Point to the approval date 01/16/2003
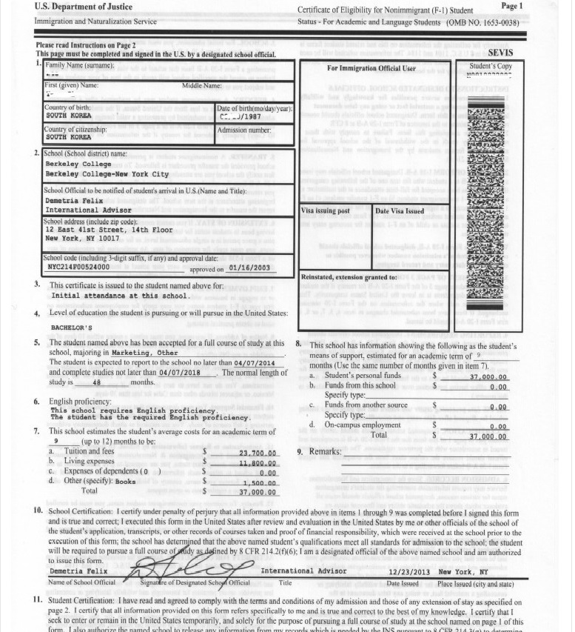tap(251, 268)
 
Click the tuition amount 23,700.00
tap(258, 453)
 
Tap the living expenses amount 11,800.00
tap(258, 463)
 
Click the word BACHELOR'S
tap(71, 327)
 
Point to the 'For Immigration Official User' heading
tap(371, 68)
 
